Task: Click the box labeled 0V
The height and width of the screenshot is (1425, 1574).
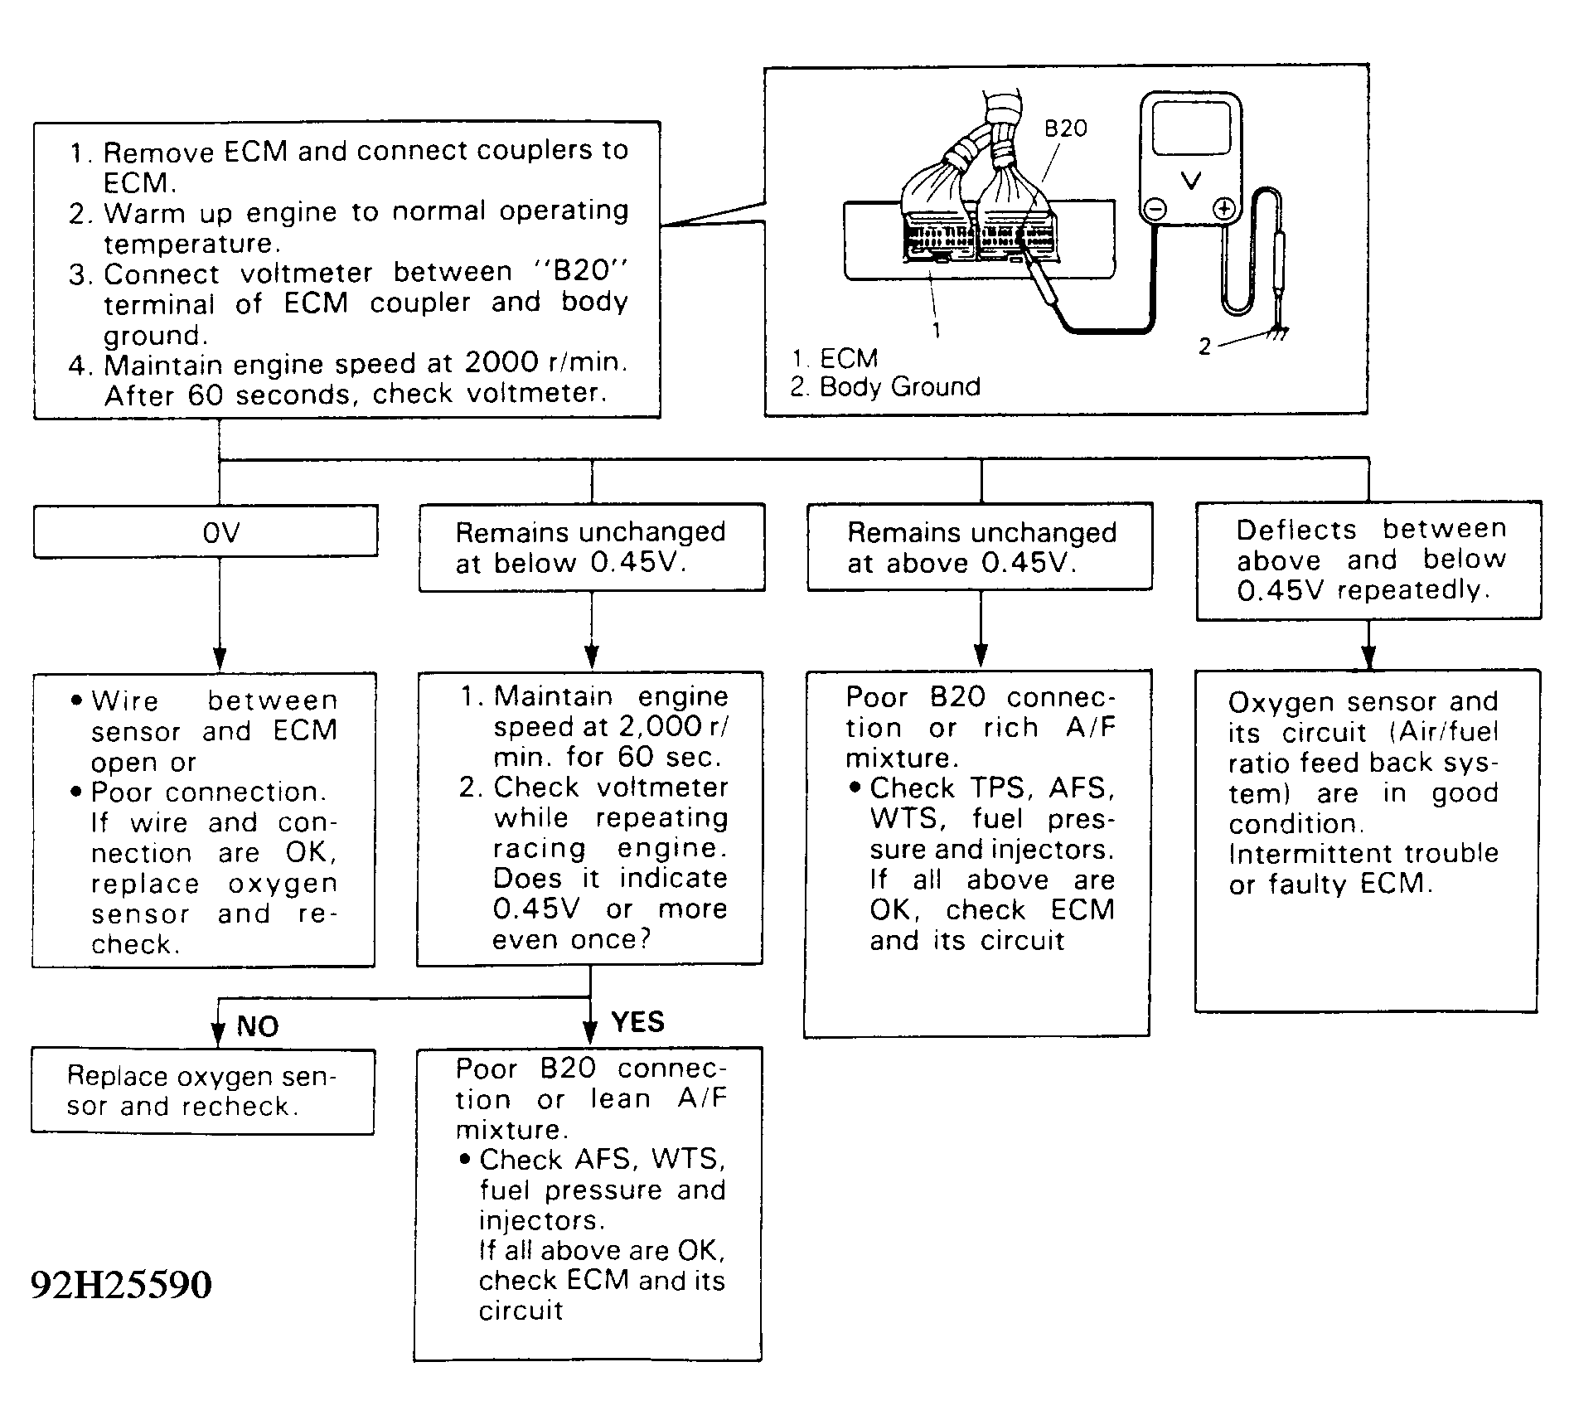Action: (x=206, y=531)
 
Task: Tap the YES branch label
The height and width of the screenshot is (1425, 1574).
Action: (x=637, y=1021)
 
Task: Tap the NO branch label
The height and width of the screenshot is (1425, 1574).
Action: (x=257, y=1026)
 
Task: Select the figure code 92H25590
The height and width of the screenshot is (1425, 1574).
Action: (x=121, y=1285)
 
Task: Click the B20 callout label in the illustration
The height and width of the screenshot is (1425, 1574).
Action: (x=1065, y=128)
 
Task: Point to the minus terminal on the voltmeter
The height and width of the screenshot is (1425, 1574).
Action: (x=1155, y=208)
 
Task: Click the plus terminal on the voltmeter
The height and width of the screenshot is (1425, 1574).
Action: (x=1223, y=208)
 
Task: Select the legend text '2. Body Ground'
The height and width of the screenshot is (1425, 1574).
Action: (x=884, y=386)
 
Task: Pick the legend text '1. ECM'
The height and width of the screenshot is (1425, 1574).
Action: (x=834, y=358)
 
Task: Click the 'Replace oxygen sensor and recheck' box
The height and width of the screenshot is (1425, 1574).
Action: (x=202, y=1091)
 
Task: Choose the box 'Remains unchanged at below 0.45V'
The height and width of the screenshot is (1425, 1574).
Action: (x=591, y=547)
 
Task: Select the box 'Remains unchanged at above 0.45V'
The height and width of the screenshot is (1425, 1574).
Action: (x=981, y=547)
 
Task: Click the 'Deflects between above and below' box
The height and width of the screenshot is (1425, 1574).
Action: (x=1368, y=560)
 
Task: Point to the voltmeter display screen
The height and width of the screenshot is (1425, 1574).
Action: (x=1191, y=128)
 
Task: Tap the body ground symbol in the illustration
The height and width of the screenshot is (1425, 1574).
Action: (x=1277, y=333)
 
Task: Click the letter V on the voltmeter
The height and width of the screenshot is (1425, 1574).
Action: (x=1191, y=181)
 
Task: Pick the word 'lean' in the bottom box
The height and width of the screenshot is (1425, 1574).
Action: (x=620, y=1099)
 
